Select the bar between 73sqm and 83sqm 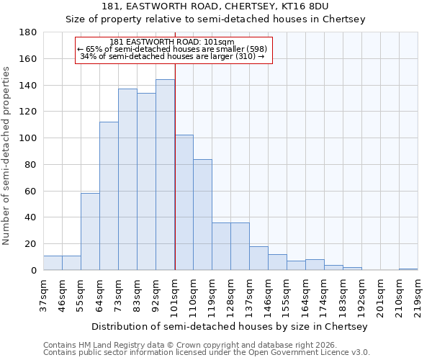point(127,179)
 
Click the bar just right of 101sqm point(184,202)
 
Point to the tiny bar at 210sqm point(408,269)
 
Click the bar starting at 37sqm point(53,263)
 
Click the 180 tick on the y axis point(28,32)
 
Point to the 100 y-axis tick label point(28,138)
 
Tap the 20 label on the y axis point(31,244)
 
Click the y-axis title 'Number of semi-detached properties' point(6,156)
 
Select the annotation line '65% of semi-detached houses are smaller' point(174,49)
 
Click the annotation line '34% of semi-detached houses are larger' point(174,56)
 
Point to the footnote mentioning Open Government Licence point(206,352)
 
